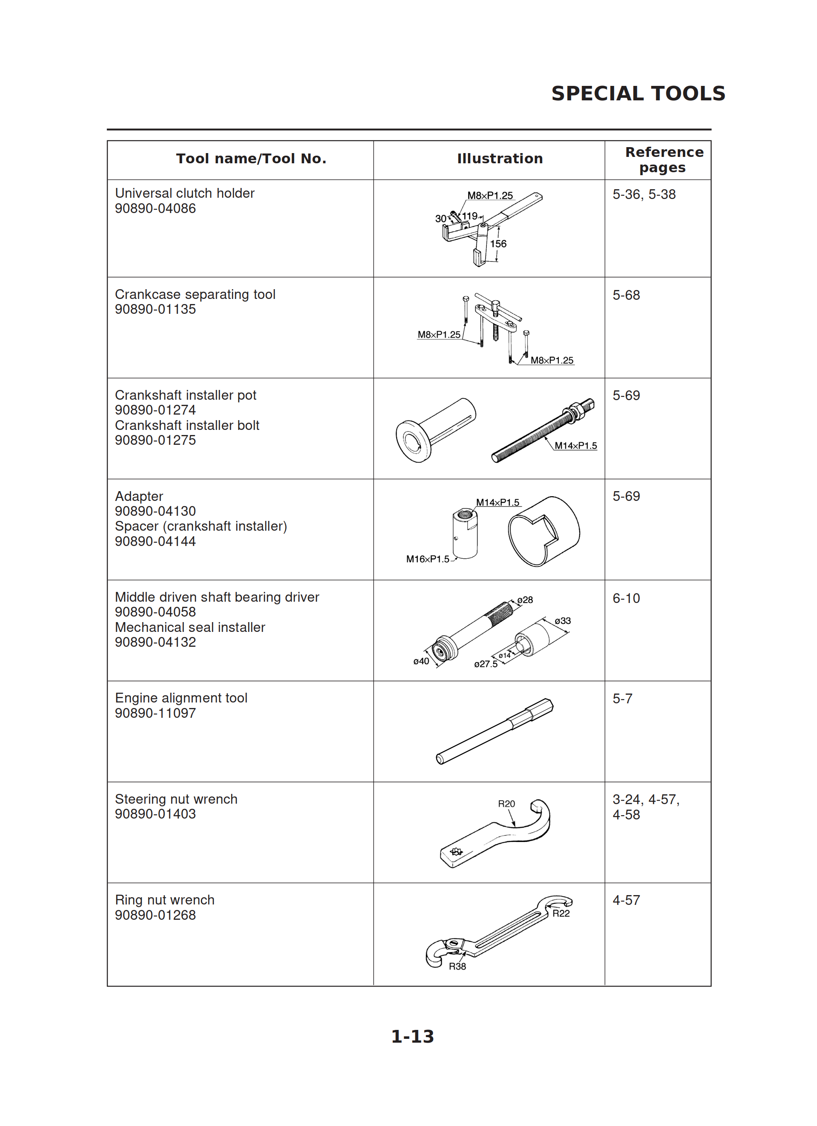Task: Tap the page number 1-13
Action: click(412, 1036)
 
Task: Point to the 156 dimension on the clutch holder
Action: click(498, 244)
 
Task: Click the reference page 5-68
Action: click(626, 295)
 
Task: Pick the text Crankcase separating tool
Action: click(195, 294)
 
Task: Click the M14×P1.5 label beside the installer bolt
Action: click(575, 445)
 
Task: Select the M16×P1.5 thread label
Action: click(427, 559)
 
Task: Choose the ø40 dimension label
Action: click(421, 661)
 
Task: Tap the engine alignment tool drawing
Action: click(494, 731)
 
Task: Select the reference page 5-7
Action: click(622, 699)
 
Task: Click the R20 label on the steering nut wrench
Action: click(506, 803)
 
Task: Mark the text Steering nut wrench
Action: click(176, 799)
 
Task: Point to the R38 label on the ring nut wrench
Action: click(457, 966)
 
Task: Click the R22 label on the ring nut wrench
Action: click(561, 913)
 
